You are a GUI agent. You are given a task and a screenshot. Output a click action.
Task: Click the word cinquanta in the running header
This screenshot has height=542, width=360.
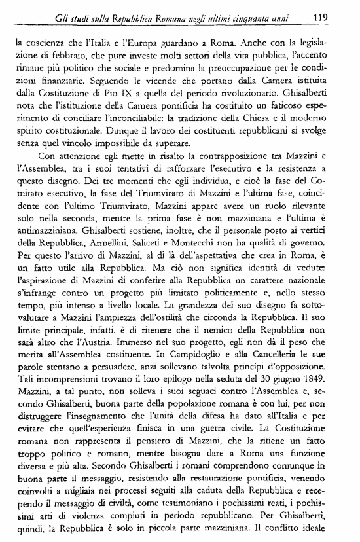260,18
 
